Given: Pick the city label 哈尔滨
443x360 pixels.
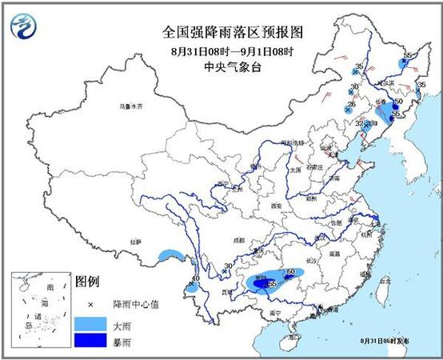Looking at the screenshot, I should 386,82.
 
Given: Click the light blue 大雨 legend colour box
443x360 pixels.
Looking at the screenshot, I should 91,325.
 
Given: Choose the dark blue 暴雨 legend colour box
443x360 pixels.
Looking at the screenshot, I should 91,344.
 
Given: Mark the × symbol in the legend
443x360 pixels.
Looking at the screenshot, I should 90,304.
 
